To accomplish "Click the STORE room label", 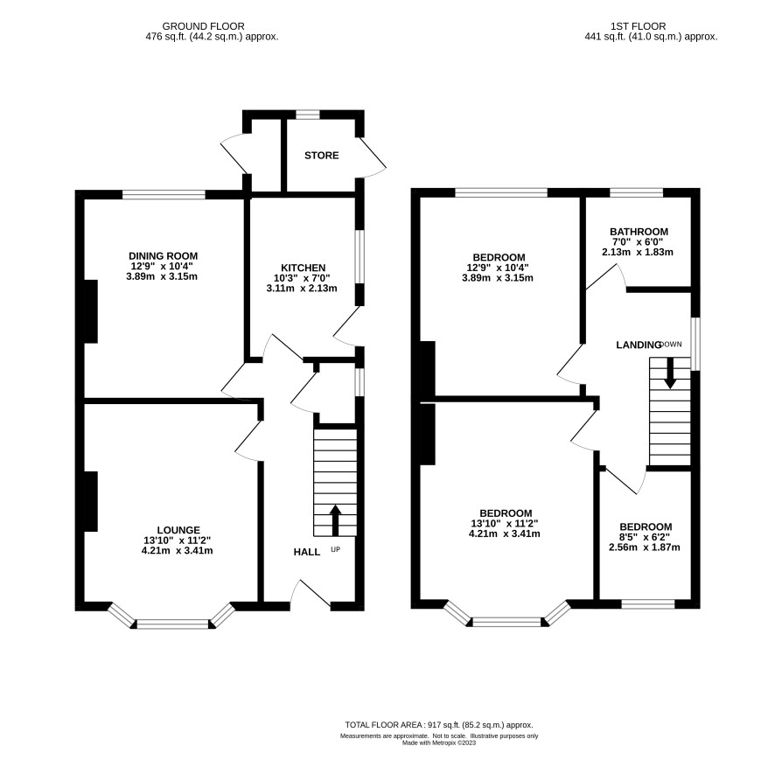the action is coord(321,155).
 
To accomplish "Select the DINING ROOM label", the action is coord(163,256).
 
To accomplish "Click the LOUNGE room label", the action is coord(178,530).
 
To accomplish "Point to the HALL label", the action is coord(306,552).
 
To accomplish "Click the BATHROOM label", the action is coord(639,231).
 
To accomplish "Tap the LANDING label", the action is coord(638,345).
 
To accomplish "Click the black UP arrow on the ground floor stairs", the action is coord(336,520).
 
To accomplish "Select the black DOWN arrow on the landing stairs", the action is coord(670,373).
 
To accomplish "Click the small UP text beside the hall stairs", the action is coord(336,549).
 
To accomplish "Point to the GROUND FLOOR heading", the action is coord(203,26).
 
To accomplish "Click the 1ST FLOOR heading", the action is coord(638,26).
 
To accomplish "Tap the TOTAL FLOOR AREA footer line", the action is coord(439,724).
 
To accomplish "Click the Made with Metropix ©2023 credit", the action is coord(439,743).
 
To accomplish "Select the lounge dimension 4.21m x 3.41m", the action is coord(177,551).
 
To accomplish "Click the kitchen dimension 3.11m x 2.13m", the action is coord(302,288).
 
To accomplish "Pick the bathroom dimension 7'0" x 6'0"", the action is coord(639,241).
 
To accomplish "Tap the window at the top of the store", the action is coord(307,115).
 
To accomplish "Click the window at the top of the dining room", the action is coord(164,195).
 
